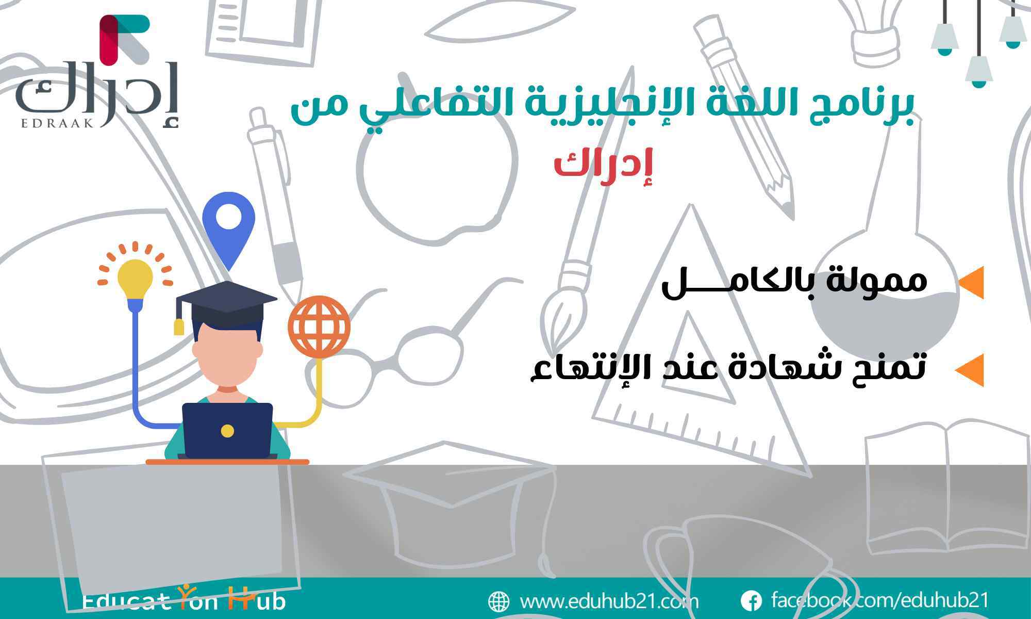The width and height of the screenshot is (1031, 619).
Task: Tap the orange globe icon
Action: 319,327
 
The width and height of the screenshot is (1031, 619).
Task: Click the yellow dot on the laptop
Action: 227,431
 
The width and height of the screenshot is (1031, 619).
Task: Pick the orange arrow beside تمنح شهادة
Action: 969,369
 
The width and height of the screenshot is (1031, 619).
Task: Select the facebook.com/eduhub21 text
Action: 880,600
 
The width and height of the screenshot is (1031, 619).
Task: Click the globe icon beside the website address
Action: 498,601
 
